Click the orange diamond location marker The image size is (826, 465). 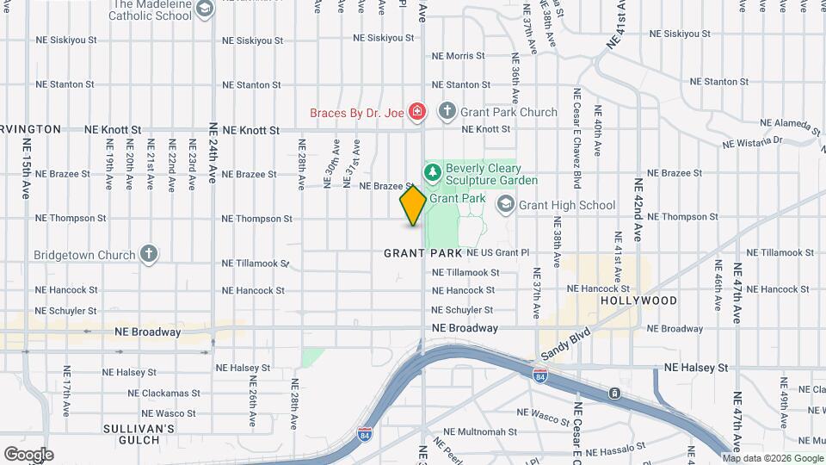tap(413, 206)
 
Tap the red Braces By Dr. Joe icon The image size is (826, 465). tap(417, 111)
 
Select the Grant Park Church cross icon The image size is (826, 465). tap(447, 111)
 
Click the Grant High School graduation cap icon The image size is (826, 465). tap(505, 204)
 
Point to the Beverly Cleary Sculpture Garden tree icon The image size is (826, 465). tap(432, 173)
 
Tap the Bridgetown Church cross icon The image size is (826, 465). tap(150, 254)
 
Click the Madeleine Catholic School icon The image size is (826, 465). tap(204, 9)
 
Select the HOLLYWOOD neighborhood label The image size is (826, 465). tap(638, 301)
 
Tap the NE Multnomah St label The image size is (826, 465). tap(480, 431)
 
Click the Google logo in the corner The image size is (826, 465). tap(28, 455)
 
